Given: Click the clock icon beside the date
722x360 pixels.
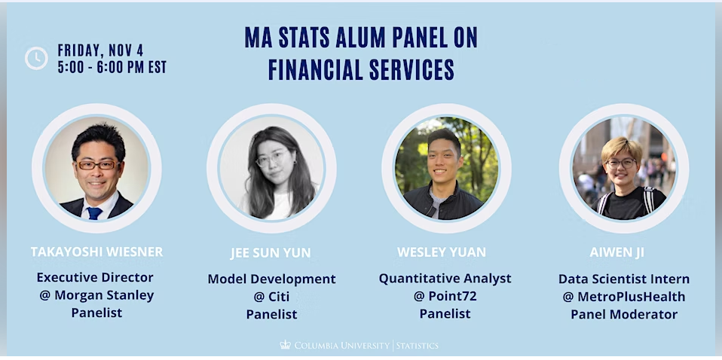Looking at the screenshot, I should [x=36, y=58].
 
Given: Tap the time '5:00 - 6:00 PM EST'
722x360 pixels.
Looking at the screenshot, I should [x=112, y=67].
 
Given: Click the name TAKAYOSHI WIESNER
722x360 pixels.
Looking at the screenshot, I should [x=96, y=252].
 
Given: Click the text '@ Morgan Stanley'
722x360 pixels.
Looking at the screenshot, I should [x=96, y=294].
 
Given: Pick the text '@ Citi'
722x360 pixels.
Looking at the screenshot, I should [x=271, y=297].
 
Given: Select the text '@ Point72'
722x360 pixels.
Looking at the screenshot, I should [x=445, y=296].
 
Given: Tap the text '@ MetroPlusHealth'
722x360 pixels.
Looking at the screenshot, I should [x=624, y=296].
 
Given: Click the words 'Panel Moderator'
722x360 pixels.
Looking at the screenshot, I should [x=624, y=314].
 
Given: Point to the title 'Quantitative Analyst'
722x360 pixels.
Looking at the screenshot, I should [x=445, y=279].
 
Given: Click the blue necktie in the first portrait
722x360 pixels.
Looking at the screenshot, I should [x=95, y=213].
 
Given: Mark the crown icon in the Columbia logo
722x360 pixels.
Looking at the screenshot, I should [x=285, y=345].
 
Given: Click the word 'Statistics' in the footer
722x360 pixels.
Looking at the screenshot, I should [x=418, y=346].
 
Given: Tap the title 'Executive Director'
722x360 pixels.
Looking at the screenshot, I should [x=95, y=277].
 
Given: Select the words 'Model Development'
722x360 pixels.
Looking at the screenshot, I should [x=271, y=279].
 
